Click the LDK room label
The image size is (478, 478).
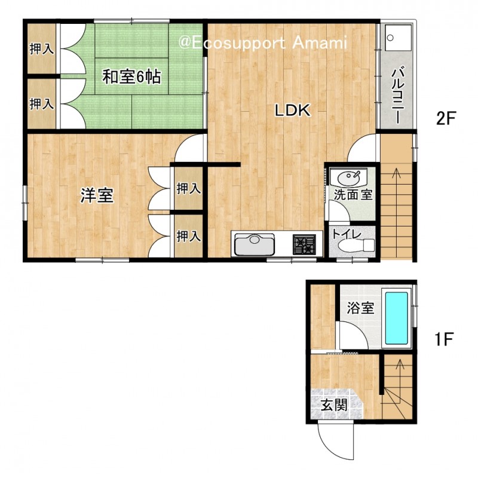(293, 111)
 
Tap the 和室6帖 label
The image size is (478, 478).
(131, 76)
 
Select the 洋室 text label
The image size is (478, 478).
(97, 195)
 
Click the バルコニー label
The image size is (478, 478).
(398, 96)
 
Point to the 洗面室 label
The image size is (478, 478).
(353, 195)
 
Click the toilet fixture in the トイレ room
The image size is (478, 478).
(357, 244)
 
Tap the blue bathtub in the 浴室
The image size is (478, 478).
(397, 318)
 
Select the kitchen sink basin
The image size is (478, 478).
(255, 244)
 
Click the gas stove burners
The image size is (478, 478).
(304, 244)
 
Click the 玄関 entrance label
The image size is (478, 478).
(335, 406)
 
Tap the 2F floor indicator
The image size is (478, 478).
(445, 118)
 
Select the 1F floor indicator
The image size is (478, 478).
(443, 339)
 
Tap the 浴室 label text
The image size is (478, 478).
(360, 308)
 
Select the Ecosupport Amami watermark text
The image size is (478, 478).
(263, 43)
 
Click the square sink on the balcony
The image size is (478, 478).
(398, 38)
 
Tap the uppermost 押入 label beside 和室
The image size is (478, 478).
(42, 49)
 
